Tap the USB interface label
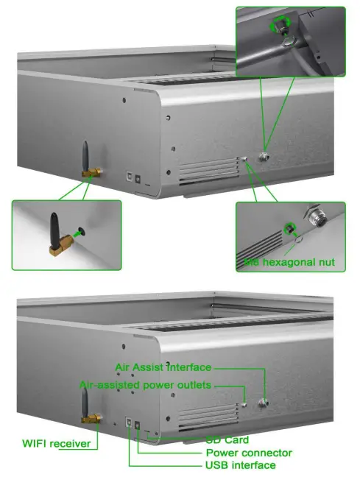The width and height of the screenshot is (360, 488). coord(241,465)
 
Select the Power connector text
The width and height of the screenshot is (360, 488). coord(249,453)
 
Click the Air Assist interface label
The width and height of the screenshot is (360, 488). coord(163,367)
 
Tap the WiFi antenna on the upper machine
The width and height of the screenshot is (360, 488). coord(85,156)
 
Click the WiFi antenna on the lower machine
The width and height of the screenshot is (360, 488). coord(85,405)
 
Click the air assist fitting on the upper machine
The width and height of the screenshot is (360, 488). coord(263,157)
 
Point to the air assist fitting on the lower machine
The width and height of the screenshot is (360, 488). coord(263,403)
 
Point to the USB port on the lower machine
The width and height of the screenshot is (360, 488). coord(130,424)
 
